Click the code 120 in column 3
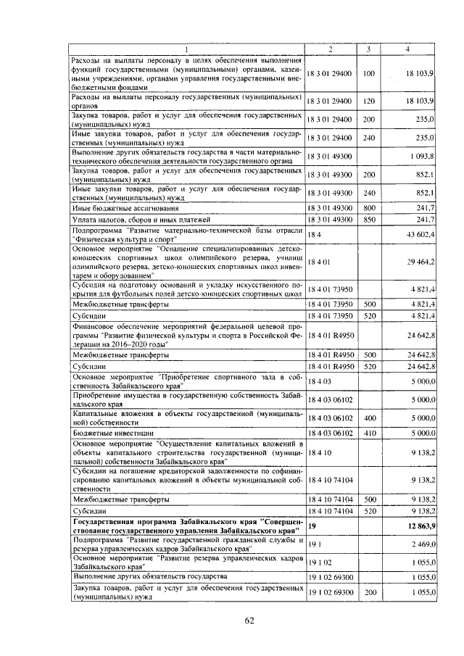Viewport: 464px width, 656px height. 368,100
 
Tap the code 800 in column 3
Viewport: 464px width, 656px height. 368,207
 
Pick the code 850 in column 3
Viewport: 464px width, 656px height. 368,219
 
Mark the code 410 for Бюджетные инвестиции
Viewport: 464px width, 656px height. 368,433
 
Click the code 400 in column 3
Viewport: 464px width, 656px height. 368,418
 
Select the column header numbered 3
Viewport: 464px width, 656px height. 368,49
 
